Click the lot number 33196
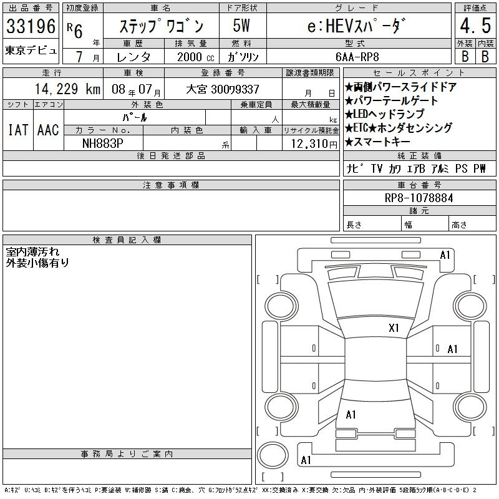[31, 26]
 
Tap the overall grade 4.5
[475, 26]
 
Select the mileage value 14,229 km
[67, 89]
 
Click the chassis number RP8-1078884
[419, 198]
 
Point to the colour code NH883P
[102, 143]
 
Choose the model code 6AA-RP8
[357, 57]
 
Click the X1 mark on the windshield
[394, 328]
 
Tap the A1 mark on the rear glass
[351, 415]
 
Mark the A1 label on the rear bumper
[306, 460]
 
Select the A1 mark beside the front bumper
[445, 255]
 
